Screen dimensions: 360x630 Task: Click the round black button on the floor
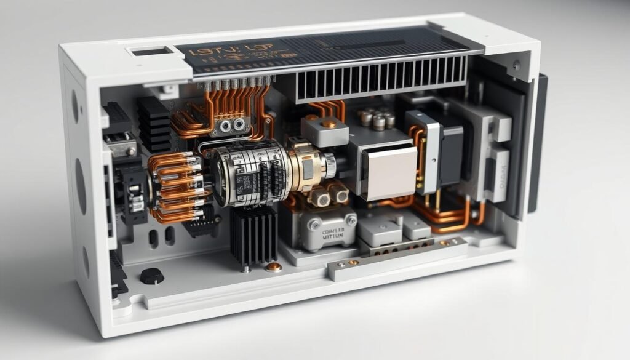(151, 276)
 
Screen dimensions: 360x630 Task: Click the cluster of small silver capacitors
(376, 118)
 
